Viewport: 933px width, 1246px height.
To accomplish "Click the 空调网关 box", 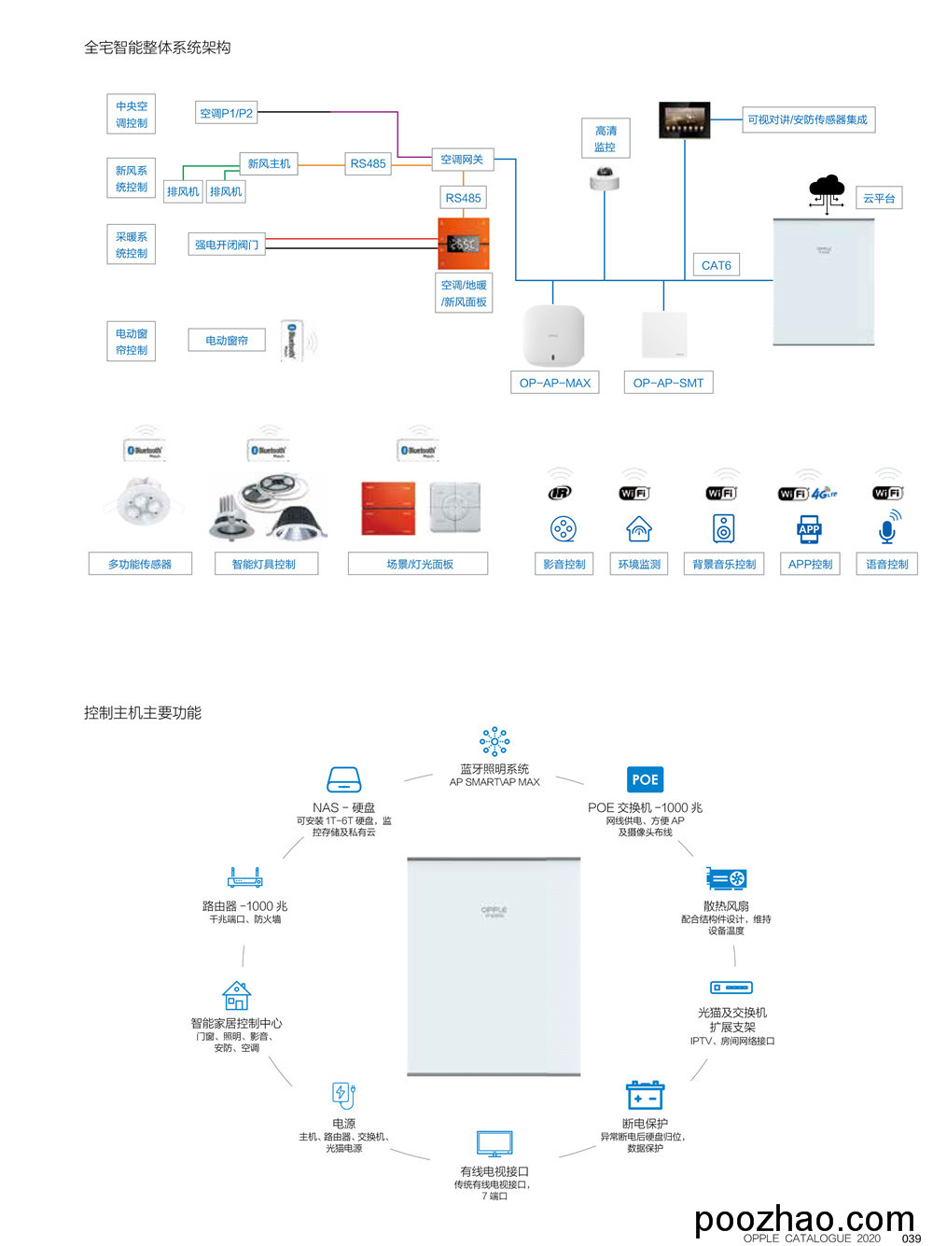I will pos(462,160).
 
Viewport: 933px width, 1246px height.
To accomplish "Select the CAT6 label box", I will pos(716,265).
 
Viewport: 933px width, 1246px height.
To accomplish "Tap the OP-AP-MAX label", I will pos(555,383).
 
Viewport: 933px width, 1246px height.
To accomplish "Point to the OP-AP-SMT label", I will pos(668,383).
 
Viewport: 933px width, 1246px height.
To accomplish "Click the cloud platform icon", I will pos(827,191).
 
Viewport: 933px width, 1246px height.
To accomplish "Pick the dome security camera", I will pos(605,177).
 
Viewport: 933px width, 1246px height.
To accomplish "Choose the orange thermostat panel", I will pos(463,244).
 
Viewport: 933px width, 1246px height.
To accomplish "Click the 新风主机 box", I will pos(269,163).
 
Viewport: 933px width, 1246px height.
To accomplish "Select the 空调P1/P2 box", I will pos(226,113).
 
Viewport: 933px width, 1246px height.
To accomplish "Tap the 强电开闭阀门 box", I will pos(227,245).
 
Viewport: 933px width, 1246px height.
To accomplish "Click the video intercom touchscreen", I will pos(685,120).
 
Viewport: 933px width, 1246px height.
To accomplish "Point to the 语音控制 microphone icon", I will pos(887,528).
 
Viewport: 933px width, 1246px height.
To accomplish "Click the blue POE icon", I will pos(645,779).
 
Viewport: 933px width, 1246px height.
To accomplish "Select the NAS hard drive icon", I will pos(343,779).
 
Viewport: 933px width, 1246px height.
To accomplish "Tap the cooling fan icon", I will pos(726,878).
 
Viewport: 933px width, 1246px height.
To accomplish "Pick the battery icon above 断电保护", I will pos(645,1096).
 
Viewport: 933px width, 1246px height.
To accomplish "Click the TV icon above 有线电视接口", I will pos(494,1143).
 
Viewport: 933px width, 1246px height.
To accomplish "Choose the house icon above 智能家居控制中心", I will pos(237,995).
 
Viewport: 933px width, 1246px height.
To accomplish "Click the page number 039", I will pos(912,1239).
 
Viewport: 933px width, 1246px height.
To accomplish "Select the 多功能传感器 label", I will pos(140,564).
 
